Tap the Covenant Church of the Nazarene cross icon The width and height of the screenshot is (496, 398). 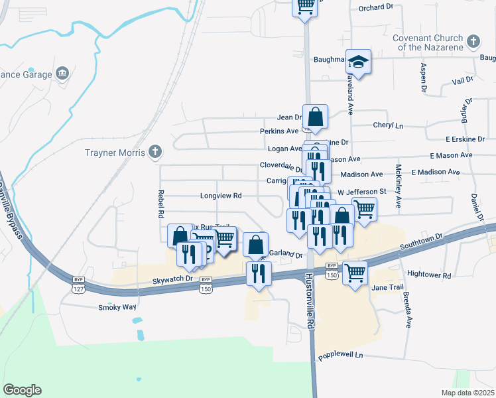pos(473,42)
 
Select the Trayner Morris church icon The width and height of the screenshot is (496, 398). pos(155,153)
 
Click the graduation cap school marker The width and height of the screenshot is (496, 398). pos(359,62)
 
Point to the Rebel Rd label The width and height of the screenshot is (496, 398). pos(160,204)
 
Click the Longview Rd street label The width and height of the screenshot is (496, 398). pos(221,196)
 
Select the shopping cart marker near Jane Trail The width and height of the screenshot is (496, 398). pos(355,271)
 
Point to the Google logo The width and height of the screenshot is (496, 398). pos(22,390)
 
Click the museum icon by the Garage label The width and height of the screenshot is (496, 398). pos(62,72)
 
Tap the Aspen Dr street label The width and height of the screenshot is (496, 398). pos(423,77)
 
